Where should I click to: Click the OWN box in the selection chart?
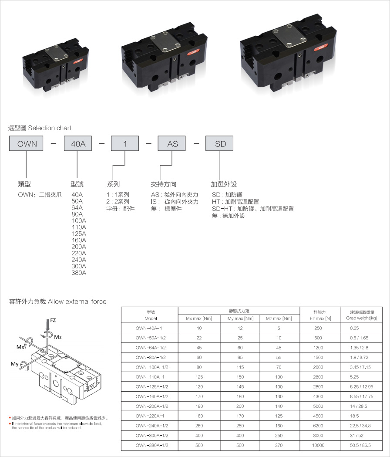(x=26, y=143)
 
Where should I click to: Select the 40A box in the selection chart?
(x=78, y=143)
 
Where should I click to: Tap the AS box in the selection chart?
(x=171, y=143)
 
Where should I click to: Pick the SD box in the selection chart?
(x=219, y=143)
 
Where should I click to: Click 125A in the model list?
(x=79, y=234)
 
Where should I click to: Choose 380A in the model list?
(x=79, y=273)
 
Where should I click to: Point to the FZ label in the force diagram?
(x=53, y=320)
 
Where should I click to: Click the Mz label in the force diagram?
(x=57, y=337)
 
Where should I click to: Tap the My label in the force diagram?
(x=14, y=364)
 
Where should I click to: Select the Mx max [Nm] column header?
(x=199, y=318)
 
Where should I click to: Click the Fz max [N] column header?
(x=320, y=318)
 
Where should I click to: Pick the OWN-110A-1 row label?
(x=150, y=377)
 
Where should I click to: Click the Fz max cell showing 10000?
(x=318, y=445)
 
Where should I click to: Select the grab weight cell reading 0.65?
(x=354, y=328)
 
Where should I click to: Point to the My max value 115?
(x=240, y=367)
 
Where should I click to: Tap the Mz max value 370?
(x=279, y=445)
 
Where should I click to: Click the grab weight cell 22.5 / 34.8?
(x=360, y=426)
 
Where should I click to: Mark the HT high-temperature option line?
(x=235, y=202)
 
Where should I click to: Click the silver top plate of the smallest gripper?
(x=57, y=53)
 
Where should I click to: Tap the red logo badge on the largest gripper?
(x=320, y=47)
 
